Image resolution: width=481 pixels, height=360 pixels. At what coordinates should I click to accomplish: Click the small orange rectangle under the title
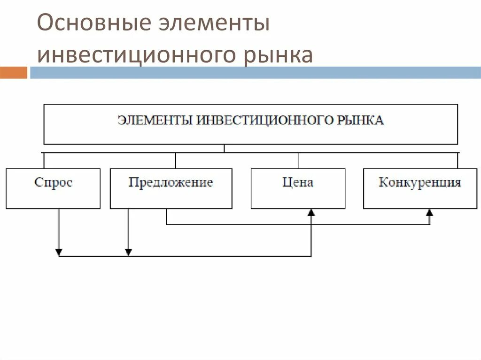(x=14, y=73)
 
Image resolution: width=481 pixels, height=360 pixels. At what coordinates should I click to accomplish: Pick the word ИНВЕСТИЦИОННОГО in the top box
(x=265, y=120)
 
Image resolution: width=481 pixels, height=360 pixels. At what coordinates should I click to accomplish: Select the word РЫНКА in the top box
(x=361, y=120)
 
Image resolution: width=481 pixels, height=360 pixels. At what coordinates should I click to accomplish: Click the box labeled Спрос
(x=53, y=188)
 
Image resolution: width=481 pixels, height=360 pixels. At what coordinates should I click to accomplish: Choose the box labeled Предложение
(x=171, y=188)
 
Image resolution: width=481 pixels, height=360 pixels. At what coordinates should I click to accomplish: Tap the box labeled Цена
(x=298, y=188)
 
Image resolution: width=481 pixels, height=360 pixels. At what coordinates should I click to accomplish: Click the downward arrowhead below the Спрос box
(x=59, y=252)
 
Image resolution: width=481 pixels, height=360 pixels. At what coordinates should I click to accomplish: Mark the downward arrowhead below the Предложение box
(x=128, y=252)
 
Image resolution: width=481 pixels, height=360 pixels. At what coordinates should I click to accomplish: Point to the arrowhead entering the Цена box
(x=311, y=213)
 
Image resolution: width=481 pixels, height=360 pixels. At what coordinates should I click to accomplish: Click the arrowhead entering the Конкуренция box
(x=429, y=213)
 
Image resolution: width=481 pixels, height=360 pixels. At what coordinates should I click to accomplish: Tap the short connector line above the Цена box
(x=298, y=161)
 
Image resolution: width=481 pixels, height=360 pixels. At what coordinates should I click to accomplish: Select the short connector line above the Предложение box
(x=176, y=161)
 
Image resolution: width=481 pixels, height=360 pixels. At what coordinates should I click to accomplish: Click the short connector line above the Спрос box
(x=44, y=161)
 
